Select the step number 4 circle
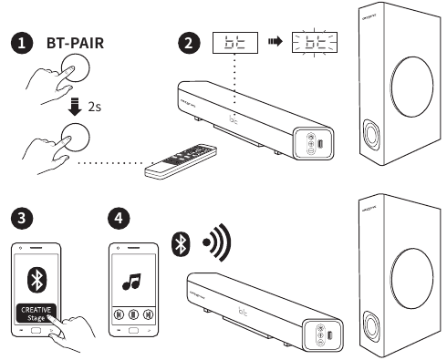point(117,219)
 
